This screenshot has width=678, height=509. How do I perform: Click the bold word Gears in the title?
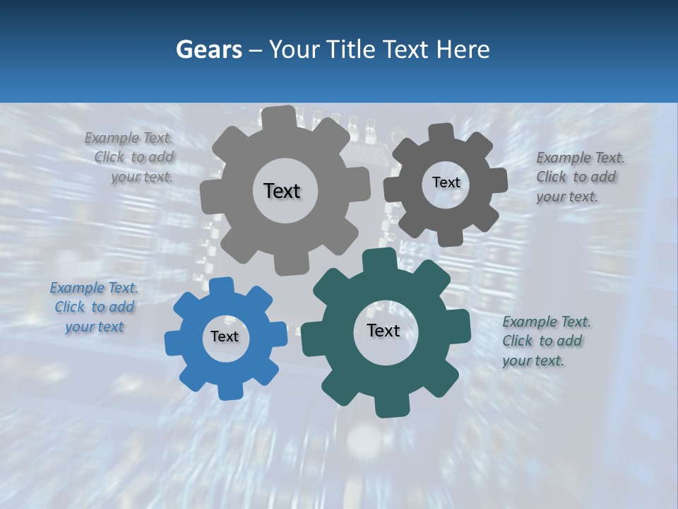(208, 50)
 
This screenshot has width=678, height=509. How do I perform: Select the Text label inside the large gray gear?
(282, 191)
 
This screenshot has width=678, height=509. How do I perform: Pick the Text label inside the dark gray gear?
(446, 182)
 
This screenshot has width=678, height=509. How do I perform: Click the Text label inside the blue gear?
(225, 337)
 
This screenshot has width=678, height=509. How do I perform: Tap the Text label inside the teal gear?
(383, 331)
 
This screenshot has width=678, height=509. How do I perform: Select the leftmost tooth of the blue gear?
(173, 343)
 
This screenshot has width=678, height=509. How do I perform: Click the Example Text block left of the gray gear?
(131, 158)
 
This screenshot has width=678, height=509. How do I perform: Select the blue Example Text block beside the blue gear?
(94, 308)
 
